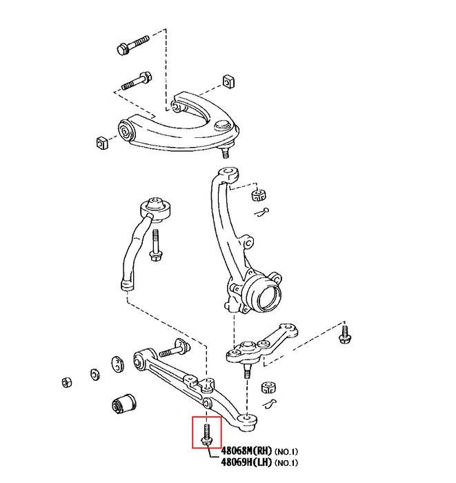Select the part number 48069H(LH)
246,462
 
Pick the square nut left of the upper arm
101,143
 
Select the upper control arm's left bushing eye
126,129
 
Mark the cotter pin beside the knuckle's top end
260,211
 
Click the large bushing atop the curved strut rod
155,206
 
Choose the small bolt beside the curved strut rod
155,246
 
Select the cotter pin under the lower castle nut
271,403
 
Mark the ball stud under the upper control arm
225,148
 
